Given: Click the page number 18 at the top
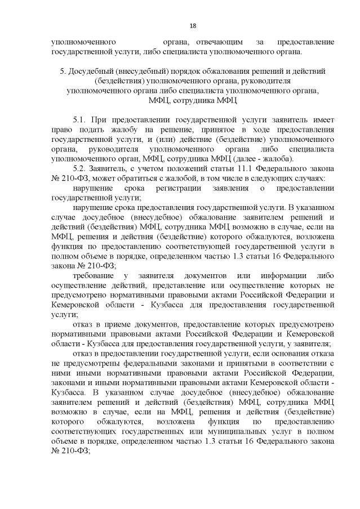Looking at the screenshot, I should [193, 25].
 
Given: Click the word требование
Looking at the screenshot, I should [92, 275].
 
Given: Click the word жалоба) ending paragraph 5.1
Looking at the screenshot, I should [285, 159].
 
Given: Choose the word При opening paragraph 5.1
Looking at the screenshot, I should [97, 120].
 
